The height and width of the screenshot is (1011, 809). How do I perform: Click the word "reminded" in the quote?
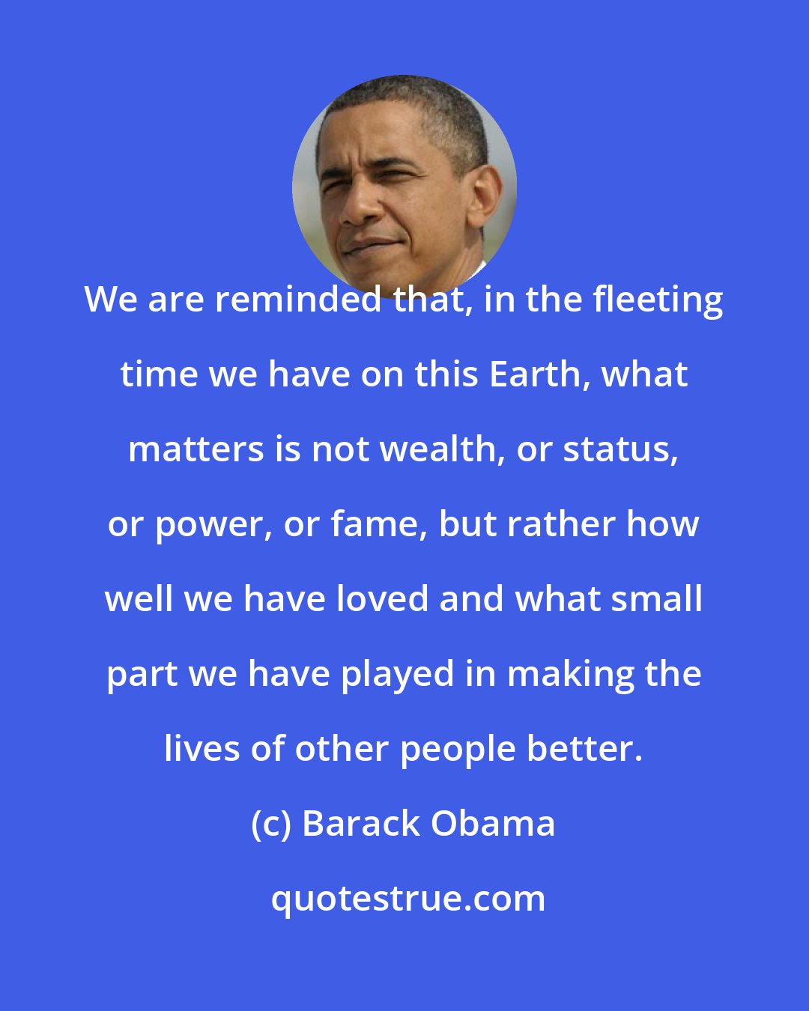click(x=299, y=300)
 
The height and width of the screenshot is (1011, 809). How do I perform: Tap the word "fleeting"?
click(x=658, y=300)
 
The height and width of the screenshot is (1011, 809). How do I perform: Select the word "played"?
click(x=397, y=674)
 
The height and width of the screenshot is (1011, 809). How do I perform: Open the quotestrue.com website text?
click(x=408, y=899)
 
